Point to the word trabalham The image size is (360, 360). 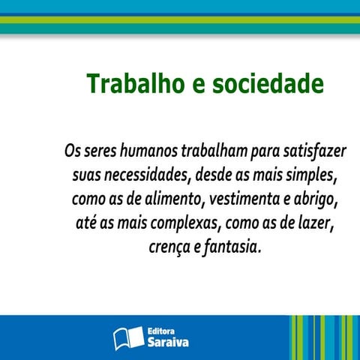(x=211, y=151)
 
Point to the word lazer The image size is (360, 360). (x=317, y=223)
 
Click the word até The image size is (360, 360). (x=86, y=223)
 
